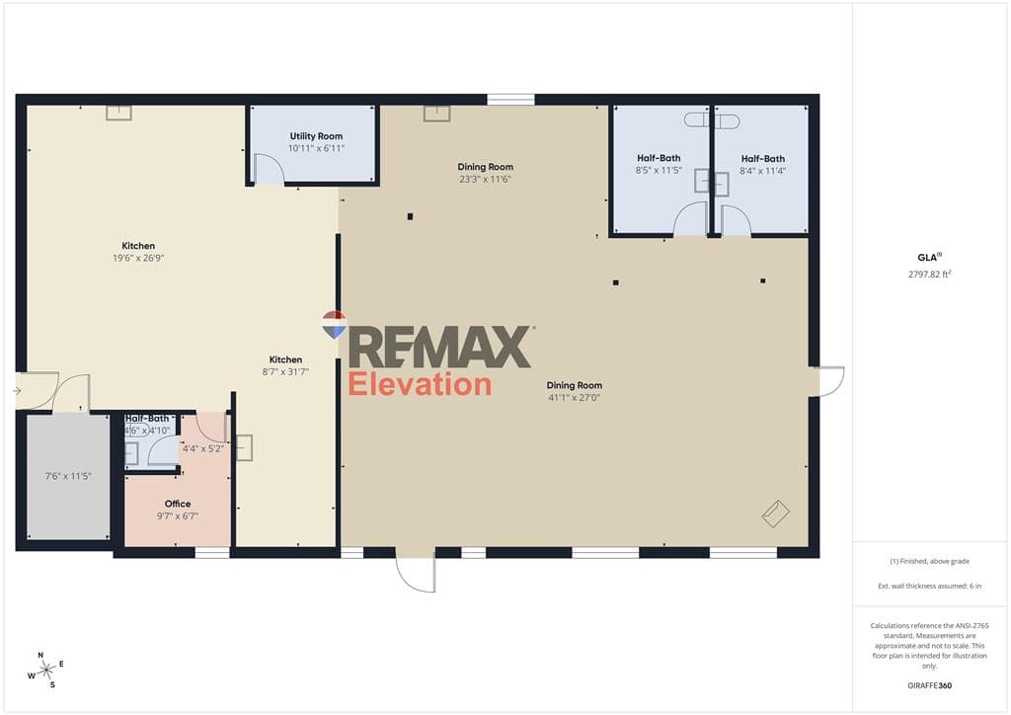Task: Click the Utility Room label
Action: point(316,136)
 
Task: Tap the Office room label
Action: point(178,504)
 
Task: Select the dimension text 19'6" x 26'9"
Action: point(138,258)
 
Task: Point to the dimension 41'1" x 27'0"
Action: point(574,398)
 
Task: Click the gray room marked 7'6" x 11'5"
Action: point(68,476)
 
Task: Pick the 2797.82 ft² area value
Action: point(930,274)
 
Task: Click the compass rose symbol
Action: point(45,671)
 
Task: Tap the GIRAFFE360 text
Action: point(929,685)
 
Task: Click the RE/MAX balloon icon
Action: point(334,324)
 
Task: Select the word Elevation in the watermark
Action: point(420,384)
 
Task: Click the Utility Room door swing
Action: point(269,169)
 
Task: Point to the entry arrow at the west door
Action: point(17,391)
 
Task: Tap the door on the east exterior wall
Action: point(830,381)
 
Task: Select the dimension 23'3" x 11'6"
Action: point(485,179)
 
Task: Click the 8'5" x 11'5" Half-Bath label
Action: point(659,164)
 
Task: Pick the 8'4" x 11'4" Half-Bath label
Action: point(763,164)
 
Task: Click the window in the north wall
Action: point(510,100)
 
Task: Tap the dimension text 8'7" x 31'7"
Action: point(285,372)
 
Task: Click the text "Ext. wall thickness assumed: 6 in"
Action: point(930,586)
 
